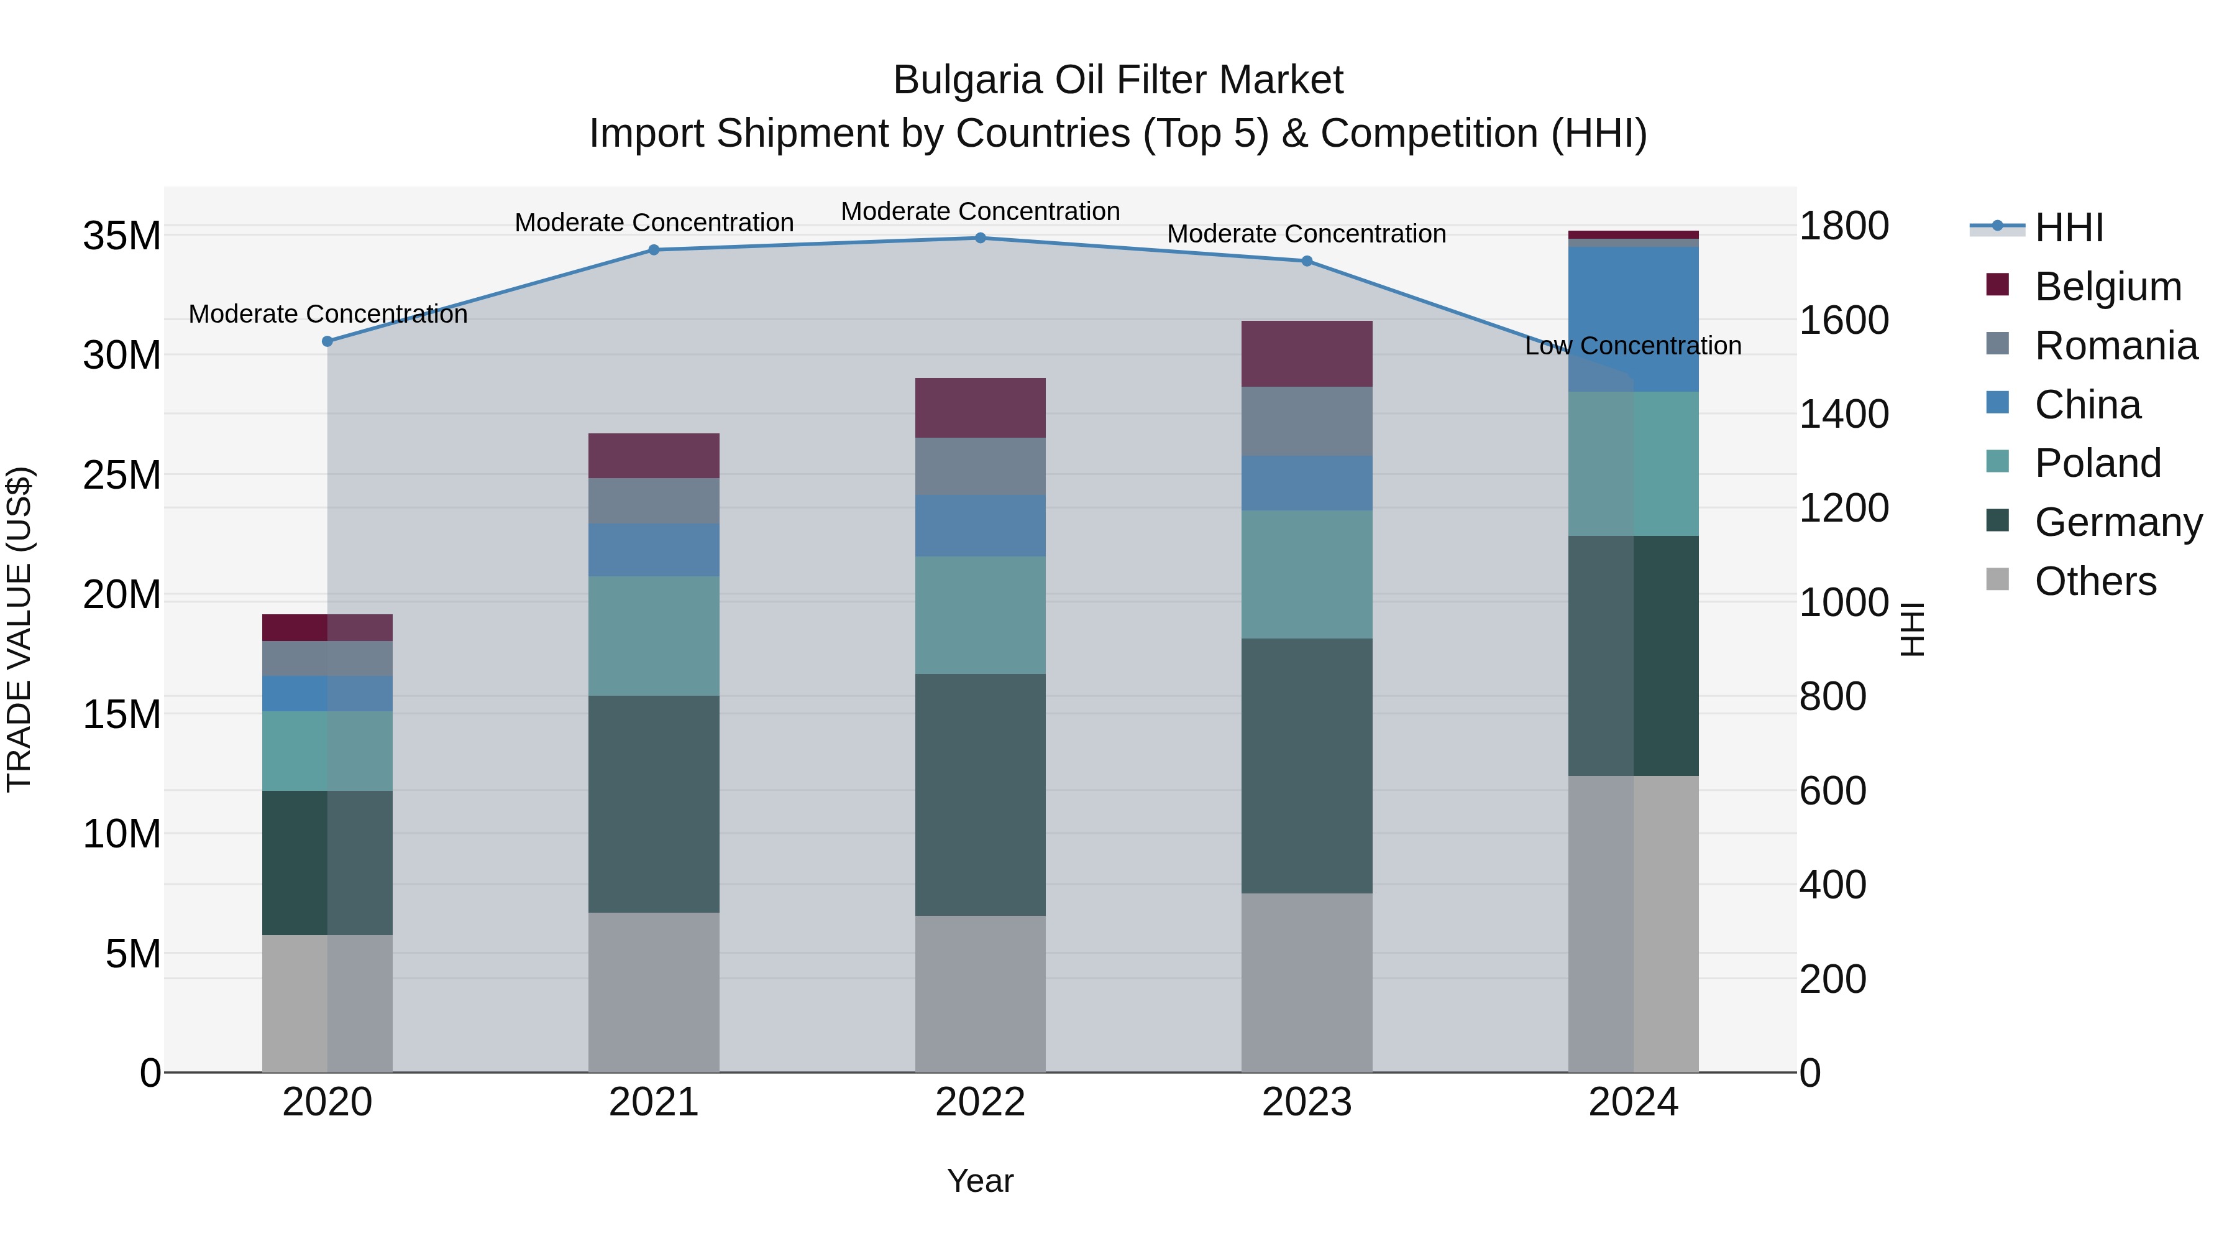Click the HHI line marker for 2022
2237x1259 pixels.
coord(981,238)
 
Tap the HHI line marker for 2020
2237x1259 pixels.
coord(327,341)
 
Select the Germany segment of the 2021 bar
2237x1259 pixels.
coord(654,804)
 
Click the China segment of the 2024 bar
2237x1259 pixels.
coord(1634,319)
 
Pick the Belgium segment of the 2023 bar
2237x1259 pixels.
coord(1307,354)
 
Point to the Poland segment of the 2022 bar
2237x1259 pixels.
coord(981,615)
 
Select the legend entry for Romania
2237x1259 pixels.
coord(2115,346)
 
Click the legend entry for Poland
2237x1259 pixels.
coord(2097,463)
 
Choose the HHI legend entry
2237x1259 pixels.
coord(2069,228)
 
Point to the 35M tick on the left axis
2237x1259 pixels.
coord(122,236)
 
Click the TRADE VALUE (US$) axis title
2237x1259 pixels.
coord(19,629)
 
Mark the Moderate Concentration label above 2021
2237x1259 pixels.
coord(654,223)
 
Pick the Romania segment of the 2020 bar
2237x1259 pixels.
coord(327,658)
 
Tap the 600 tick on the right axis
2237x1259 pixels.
coord(1832,791)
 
